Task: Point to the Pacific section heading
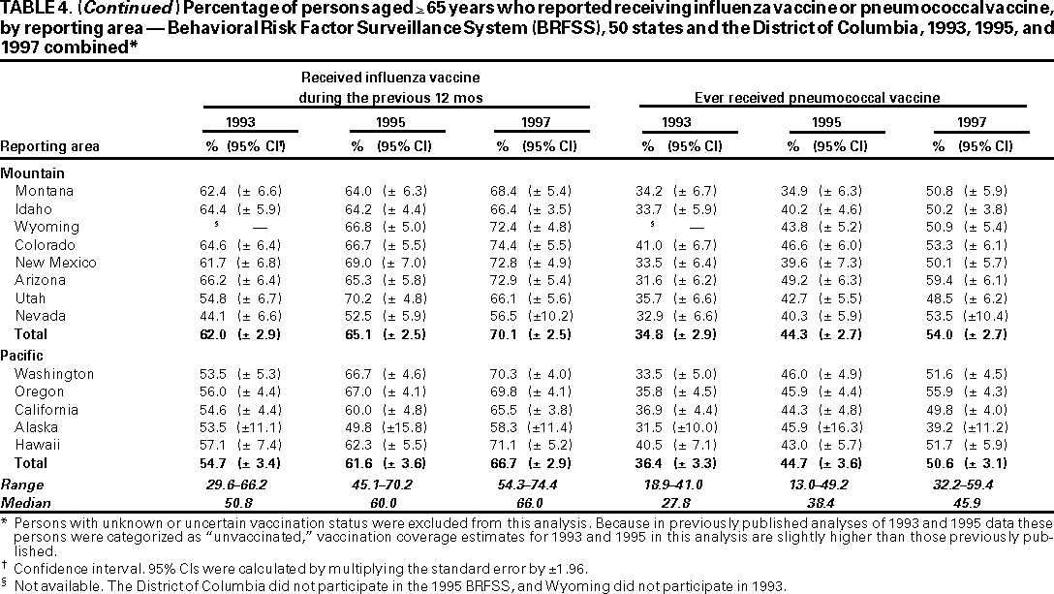22,356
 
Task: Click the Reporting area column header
49,147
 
